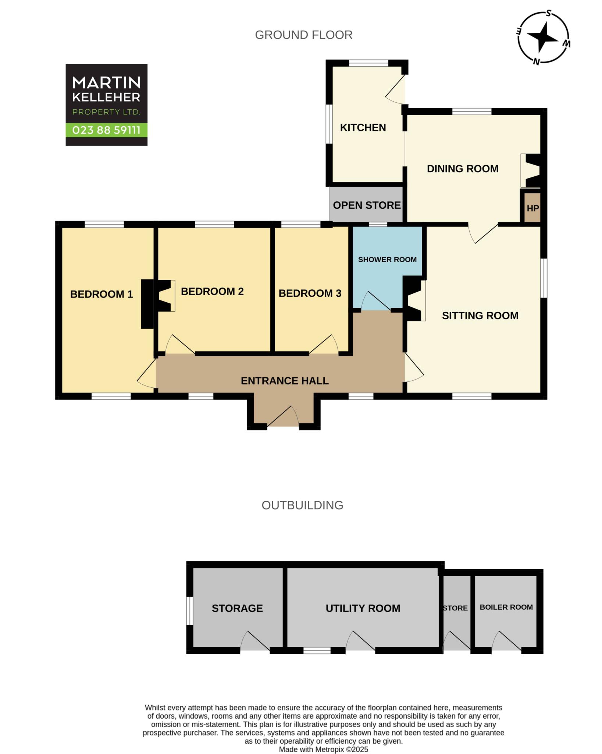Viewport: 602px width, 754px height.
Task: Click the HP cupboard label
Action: tap(532, 208)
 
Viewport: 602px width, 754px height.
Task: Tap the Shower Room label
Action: tap(387, 260)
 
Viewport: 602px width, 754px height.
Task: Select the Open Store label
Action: tap(367, 205)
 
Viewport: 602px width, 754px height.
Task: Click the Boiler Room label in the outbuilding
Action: tap(506, 607)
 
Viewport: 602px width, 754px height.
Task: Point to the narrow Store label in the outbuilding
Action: tap(455, 608)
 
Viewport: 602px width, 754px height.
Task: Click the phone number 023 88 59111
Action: tap(106, 130)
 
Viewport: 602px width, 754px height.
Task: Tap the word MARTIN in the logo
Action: tap(106, 83)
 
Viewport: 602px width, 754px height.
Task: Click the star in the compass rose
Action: tap(543, 37)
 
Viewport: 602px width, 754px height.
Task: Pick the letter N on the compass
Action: tap(537, 61)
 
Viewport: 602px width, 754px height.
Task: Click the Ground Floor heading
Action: tap(304, 35)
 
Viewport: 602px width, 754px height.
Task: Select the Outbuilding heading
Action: tap(302, 505)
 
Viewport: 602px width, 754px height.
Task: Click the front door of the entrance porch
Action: tap(283, 416)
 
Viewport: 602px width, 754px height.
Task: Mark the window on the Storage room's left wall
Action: tap(189, 611)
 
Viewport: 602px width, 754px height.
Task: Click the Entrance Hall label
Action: tap(285, 381)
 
